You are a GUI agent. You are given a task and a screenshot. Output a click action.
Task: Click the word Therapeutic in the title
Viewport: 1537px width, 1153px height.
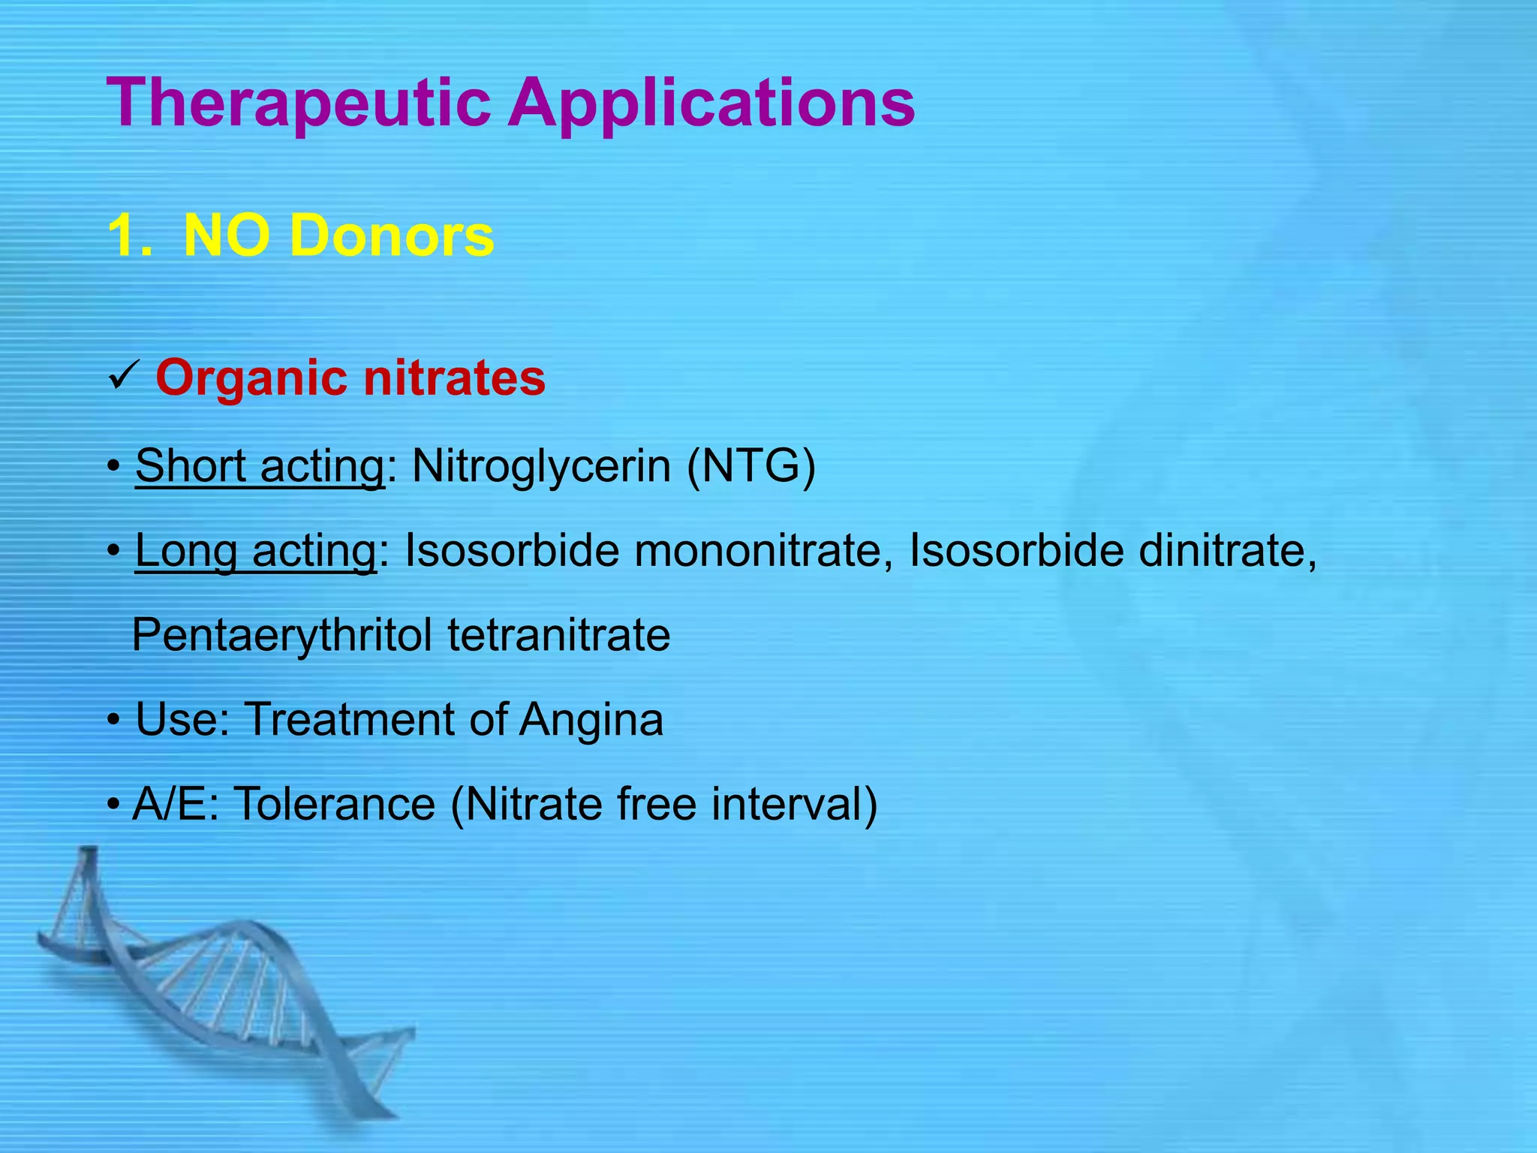pyautogui.click(x=299, y=104)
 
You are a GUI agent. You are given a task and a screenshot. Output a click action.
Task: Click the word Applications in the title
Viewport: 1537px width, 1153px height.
pyautogui.click(x=711, y=104)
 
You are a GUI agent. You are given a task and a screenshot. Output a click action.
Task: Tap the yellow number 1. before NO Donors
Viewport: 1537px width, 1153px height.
pyautogui.click(x=130, y=236)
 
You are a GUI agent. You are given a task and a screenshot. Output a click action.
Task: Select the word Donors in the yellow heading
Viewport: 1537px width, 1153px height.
pyautogui.click(x=391, y=236)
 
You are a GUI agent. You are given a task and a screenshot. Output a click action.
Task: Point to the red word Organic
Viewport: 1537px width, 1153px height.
pyautogui.click(x=251, y=378)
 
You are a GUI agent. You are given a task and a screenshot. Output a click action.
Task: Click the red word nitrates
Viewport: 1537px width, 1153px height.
pyautogui.click(x=454, y=378)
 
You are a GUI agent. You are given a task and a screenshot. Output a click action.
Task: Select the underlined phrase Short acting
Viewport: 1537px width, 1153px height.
pyautogui.click(x=260, y=466)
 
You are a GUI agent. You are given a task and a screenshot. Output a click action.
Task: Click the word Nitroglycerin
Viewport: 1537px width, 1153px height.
pyautogui.click(x=541, y=466)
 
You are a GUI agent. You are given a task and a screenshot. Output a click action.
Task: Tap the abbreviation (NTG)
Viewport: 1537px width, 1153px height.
pyautogui.click(x=751, y=466)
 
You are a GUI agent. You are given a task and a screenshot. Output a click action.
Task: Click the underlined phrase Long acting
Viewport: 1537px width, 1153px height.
pyautogui.click(x=256, y=550)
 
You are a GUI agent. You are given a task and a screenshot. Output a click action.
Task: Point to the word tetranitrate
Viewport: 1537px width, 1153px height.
pyautogui.click(x=559, y=635)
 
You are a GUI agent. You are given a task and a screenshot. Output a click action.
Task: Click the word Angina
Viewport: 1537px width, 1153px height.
pyautogui.click(x=591, y=719)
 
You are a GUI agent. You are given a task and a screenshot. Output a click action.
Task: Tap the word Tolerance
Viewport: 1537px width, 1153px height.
pyautogui.click(x=335, y=804)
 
